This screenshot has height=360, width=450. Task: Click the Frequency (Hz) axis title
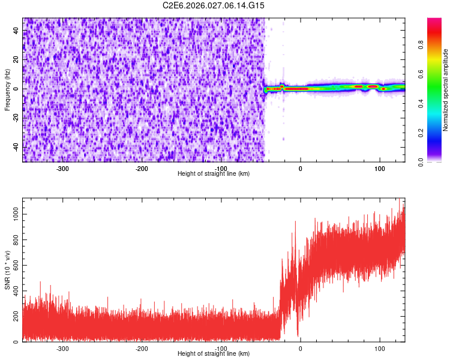(7, 90)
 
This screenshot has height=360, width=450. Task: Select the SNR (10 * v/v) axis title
(7, 270)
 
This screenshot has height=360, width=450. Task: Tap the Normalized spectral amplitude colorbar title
(446, 90)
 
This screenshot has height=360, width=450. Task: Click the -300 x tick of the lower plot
(62, 348)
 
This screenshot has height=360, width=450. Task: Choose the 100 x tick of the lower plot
(379, 348)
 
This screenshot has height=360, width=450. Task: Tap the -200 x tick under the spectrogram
(142, 169)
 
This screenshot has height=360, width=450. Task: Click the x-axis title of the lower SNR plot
(214, 354)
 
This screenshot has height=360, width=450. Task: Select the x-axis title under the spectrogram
(214, 174)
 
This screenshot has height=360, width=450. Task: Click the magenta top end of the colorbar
(434, 21)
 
